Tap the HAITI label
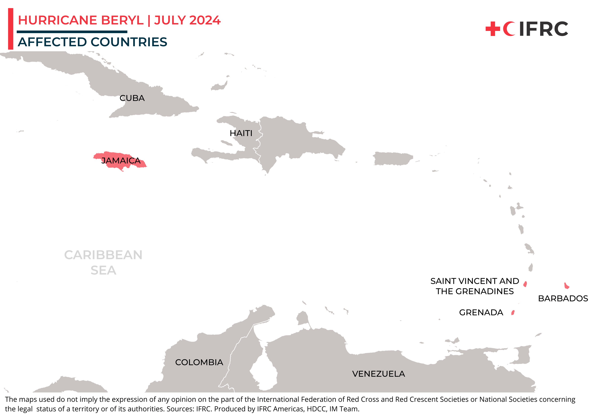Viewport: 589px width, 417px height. [241, 133]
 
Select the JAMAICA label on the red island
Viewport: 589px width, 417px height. [121, 161]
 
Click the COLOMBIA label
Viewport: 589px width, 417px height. [199, 362]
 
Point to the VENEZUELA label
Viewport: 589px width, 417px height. [378, 374]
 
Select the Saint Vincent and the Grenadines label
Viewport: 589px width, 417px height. [475, 286]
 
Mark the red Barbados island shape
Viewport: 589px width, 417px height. [566, 286]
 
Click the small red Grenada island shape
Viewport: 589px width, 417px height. [513, 312]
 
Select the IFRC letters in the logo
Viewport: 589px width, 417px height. [544, 29]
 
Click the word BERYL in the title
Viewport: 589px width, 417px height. [122, 20]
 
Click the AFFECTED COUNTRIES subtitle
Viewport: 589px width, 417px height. [92, 42]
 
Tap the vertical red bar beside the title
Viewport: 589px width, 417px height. [11, 29]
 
